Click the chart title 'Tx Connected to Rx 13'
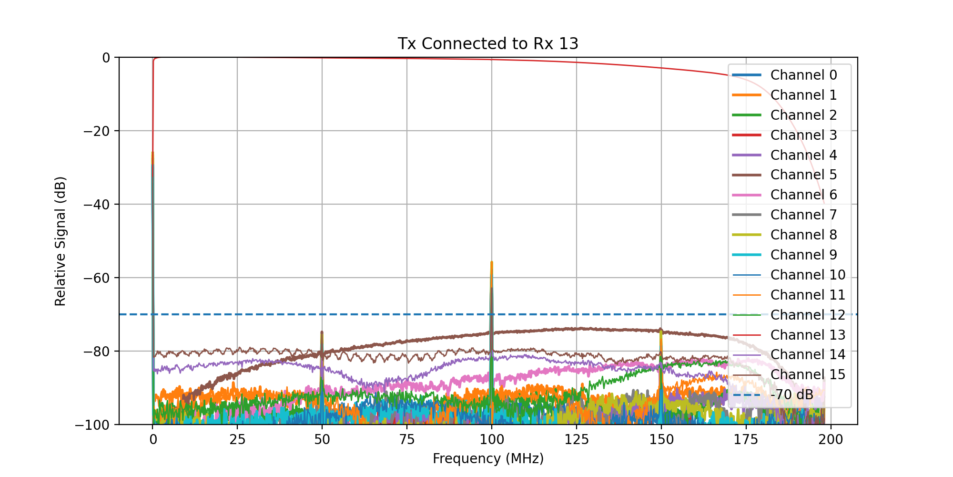pos(488,43)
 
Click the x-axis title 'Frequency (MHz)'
pos(488,459)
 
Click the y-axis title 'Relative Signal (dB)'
pos(60,241)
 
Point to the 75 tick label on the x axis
pos(407,440)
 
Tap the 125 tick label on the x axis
pos(576,440)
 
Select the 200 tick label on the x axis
pos(831,440)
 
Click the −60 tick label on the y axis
pos(97,278)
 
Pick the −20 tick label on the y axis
pos(97,131)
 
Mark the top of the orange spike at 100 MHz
pos(491,262)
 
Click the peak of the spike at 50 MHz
pos(322,332)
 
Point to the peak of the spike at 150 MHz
pos(660,329)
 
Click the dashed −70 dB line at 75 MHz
pos(407,314)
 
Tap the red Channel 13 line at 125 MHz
pos(576,62)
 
